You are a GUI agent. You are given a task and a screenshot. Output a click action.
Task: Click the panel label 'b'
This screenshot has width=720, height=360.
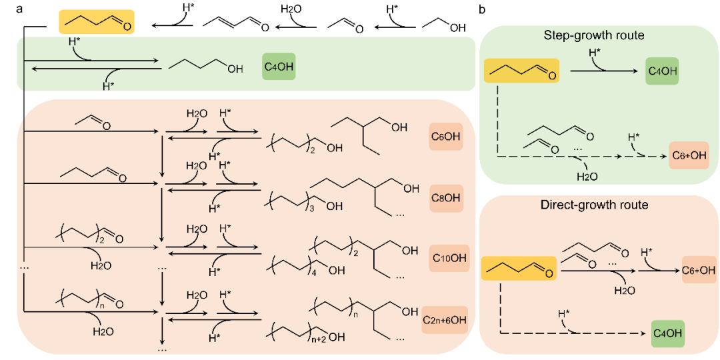point(482,9)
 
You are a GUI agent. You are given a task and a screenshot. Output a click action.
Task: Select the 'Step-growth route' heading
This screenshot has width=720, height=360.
point(593,35)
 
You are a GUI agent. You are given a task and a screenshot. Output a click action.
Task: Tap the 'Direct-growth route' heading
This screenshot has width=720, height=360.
point(593,205)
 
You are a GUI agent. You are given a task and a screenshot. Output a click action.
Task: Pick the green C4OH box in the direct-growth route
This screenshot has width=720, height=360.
point(669,331)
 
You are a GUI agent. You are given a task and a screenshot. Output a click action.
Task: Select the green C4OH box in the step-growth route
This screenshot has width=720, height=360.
point(661,70)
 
